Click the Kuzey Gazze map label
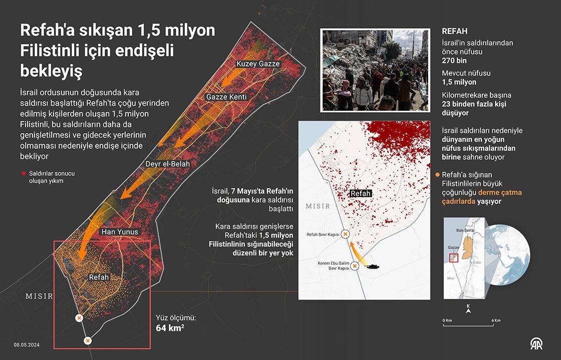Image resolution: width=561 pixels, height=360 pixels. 258,64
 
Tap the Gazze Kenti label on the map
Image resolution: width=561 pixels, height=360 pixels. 226,97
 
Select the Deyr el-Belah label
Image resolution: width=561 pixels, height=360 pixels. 168,164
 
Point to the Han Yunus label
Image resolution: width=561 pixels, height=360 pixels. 120,232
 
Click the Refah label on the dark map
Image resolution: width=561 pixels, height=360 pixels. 99,277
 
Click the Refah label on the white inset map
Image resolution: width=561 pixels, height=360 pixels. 361,193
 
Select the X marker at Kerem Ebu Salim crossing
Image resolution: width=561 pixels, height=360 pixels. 355,266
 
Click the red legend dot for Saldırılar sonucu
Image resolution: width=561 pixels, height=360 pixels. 23,173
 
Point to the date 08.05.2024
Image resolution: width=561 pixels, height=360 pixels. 27,344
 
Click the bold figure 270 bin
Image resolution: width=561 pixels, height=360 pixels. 455,61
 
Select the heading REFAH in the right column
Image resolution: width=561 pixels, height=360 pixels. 455,31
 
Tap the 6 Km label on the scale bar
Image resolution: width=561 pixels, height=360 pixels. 496,320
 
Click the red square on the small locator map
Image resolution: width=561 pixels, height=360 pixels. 454,258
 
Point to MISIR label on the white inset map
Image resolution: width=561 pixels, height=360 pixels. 318,206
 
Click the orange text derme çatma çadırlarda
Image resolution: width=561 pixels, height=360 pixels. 471,197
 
